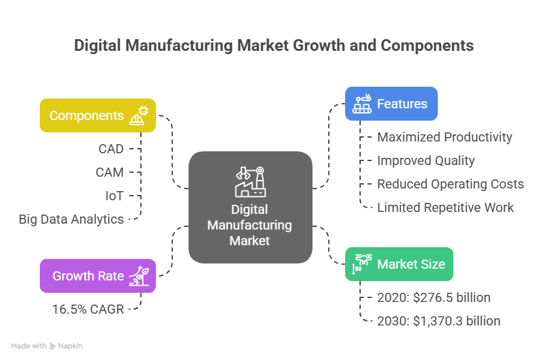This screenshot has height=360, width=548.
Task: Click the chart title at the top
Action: [273, 46]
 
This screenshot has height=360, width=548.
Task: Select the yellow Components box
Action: [98, 115]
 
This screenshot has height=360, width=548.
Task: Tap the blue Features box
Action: [391, 104]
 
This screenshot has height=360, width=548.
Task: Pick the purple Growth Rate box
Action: [98, 275]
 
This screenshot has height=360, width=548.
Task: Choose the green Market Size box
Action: [398, 264]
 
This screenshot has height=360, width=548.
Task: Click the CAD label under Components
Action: [111, 149]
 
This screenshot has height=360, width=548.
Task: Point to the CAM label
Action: [110, 172]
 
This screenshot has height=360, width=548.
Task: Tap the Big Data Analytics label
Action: [71, 219]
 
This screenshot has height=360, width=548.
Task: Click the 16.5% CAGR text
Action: [88, 308]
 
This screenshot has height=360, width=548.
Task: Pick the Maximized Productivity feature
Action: [444, 137]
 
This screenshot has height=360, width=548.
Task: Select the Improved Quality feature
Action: [425, 160]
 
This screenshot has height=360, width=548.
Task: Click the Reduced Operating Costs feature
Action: [450, 184]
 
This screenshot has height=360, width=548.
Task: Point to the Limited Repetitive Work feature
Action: [446, 207]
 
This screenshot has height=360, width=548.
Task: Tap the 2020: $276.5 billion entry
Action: [433, 297]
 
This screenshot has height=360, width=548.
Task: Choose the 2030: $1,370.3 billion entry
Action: [438, 320]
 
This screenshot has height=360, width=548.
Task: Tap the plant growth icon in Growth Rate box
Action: [138, 275]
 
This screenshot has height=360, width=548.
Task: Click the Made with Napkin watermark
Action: [47, 346]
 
